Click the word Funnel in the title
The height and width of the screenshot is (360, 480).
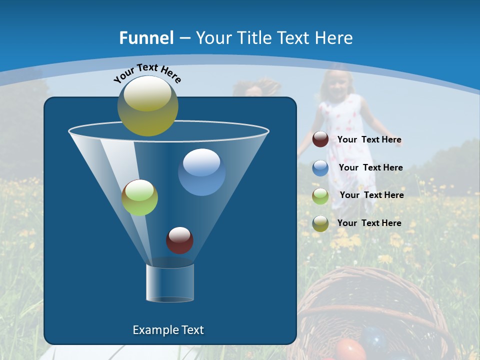click(146, 38)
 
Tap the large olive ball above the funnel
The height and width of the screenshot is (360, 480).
click(148, 105)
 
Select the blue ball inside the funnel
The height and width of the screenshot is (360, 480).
click(201, 172)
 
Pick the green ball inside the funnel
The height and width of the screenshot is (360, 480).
click(139, 197)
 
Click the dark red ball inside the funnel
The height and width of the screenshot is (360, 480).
click(179, 240)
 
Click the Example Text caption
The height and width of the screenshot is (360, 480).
click(168, 330)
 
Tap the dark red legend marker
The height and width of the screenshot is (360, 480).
click(320, 139)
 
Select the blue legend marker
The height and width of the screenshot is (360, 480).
click(320, 168)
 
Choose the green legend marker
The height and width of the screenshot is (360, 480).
click(320, 195)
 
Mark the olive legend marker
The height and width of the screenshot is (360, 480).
click(320, 223)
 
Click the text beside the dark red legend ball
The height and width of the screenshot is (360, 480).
click(369, 140)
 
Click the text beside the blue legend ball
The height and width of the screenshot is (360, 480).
click(370, 167)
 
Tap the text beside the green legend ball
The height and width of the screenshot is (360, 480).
click(371, 195)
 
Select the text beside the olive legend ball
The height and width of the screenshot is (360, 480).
click(369, 223)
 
